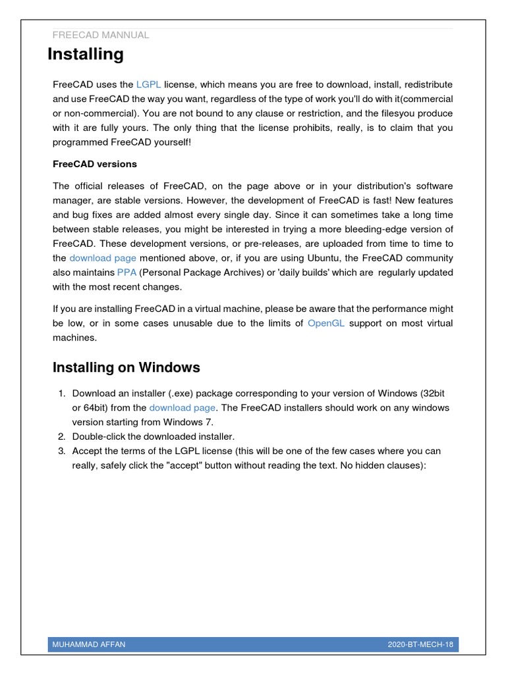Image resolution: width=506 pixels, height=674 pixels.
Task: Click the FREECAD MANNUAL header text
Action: [100, 35]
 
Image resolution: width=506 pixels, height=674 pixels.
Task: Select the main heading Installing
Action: [86, 55]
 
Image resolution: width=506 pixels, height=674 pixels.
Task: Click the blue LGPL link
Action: [148, 85]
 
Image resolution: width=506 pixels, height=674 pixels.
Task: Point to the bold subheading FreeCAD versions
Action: [95, 163]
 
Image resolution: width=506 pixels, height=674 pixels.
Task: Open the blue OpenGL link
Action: [326, 323]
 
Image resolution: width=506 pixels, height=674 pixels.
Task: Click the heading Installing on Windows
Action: [126, 367]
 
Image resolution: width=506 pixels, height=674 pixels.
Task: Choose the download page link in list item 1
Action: [182, 407]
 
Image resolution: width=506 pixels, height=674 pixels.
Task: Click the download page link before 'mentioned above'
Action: [103, 258]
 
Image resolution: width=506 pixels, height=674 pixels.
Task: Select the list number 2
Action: [61, 436]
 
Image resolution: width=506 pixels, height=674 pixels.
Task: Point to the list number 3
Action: [61, 451]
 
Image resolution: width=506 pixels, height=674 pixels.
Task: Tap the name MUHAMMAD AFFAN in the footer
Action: [89, 644]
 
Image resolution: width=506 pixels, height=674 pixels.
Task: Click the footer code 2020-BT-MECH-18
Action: [420, 644]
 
